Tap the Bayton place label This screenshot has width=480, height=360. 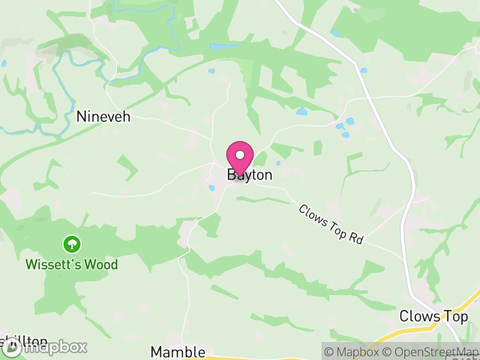pos(250,175)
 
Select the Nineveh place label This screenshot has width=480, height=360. pos(103,116)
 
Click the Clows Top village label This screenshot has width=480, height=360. pos(433,317)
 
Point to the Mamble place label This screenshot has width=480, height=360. pos(178,352)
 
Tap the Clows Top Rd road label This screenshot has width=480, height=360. pos(331,224)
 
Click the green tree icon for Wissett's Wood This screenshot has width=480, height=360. pos(72,244)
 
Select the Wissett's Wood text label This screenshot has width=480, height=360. pos(71,264)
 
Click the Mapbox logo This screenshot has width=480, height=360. pos(45,347)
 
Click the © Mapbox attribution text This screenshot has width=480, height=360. pos(352,352)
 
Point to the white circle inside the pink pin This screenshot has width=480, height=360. pos(240,155)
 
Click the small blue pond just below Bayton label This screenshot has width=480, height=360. pos(212,188)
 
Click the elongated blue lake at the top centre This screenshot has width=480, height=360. pos(223,46)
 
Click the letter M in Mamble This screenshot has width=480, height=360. pos(157,352)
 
